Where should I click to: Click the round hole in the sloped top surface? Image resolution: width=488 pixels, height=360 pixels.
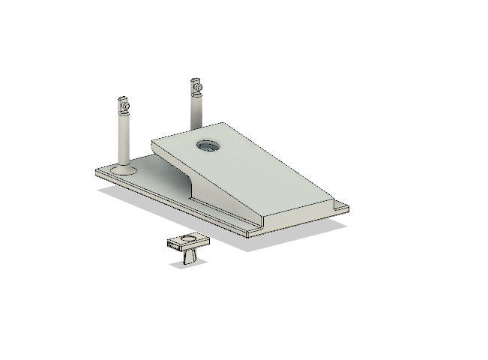[x=206, y=146]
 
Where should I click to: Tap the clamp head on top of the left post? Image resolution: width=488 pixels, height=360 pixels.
[x=123, y=104]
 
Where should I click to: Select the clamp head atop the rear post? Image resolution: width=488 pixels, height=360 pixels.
[x=196, y=86]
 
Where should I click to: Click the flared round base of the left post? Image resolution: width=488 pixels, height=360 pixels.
[x=124, y=170]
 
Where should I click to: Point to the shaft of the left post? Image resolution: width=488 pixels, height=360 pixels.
[x=124, y=139]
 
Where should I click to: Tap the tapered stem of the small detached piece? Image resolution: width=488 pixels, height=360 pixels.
[x=188, y=256]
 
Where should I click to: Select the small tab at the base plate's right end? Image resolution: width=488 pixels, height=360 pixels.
[x=341, y=206]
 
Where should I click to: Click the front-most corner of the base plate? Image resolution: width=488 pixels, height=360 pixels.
[x=248, y=235]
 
